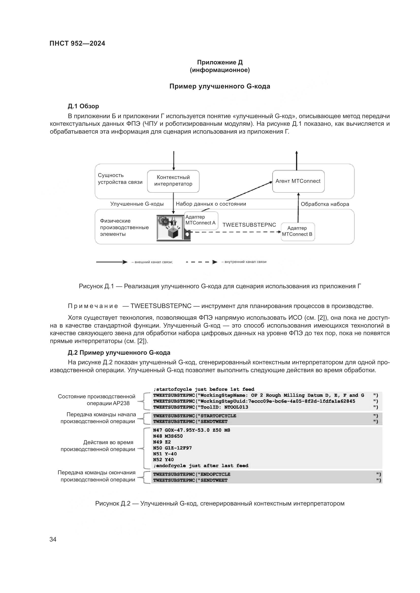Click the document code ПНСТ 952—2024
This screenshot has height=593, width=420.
[77, 43]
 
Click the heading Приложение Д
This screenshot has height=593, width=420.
[220, 62]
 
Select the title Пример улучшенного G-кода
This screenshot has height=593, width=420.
[220, 86]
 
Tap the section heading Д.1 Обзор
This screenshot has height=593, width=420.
[83, 106]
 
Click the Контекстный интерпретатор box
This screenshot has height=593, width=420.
[173, 181]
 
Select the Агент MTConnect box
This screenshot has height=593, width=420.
[298, 181]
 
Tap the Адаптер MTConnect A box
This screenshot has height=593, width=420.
[201, 220]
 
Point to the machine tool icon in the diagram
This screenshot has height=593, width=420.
[170, 228]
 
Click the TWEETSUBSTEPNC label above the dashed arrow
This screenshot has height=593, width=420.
[249, 225]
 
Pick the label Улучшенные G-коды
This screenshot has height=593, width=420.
[137, 204]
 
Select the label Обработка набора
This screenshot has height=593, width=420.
[325, 204]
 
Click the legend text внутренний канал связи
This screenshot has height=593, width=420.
[244, 262]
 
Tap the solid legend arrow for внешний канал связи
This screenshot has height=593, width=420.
[111, 262]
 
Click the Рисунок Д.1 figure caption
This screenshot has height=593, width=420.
[220, 286]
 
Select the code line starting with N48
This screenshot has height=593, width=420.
[168, 436]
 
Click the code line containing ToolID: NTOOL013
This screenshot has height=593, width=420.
[200, 407]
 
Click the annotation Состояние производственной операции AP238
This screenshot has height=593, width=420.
[96, 400]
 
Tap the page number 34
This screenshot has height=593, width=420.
[53, 539]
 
